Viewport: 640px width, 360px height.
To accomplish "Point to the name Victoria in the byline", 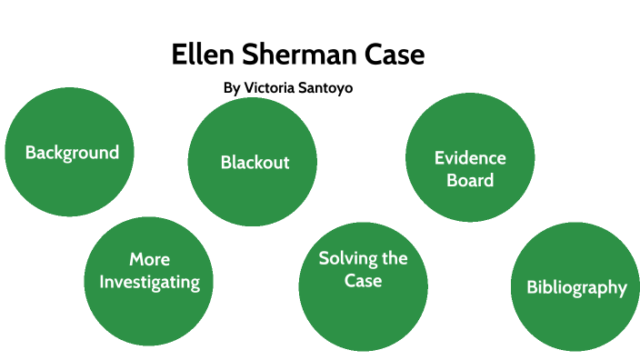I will pyautogui.click(x=275, y=89).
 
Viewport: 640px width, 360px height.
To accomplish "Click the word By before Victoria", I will pyautogui.click(x=231, y=89).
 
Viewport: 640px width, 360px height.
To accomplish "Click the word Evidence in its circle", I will pyautogui.click(x=470, y=158).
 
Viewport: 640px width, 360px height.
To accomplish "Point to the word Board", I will pyautogui.click(x=470, y=180).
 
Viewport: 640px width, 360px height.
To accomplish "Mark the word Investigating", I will pyautogui.click(x=149, y=283).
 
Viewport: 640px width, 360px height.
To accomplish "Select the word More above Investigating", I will pyautogui.click(x=149, y=260).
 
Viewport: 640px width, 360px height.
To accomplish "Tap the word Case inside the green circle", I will pyautogui.click(x=363, y=281).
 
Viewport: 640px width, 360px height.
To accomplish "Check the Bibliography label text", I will pyautogui.click(x=576, y=288).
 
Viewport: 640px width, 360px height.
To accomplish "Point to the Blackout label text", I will pyautogui.click(x=255, y=163).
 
